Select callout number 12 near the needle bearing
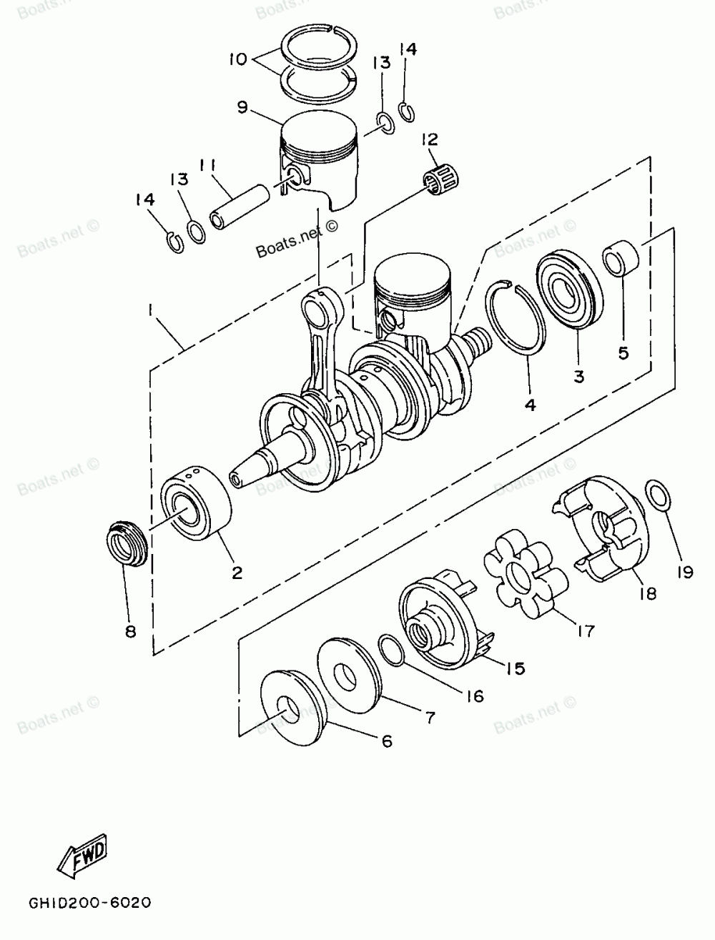tap(430, 139)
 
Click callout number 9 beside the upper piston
tap(242, 107)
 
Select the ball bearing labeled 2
tap(196, 503)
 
